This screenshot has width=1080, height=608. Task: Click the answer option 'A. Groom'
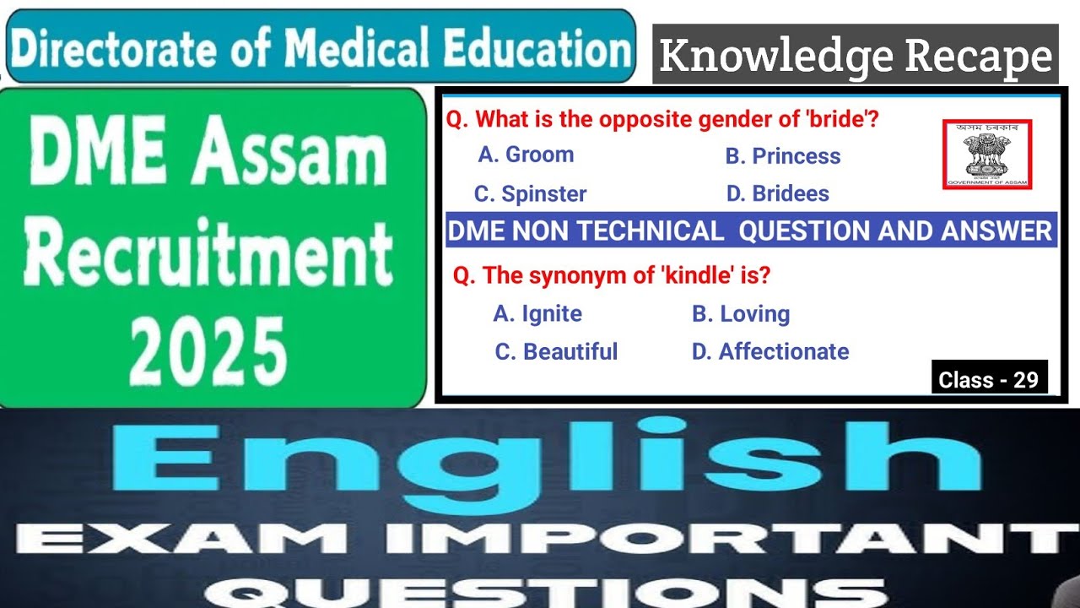point(526,155)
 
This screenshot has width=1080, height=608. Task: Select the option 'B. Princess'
point(782,156)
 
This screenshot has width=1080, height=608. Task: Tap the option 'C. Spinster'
point(530,194)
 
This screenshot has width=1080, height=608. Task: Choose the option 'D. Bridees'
point(777,193)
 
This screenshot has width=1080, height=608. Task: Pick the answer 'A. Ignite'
point(537,314)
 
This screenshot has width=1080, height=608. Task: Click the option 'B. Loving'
point(741,314)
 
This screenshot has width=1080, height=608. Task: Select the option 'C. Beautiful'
point(556,351)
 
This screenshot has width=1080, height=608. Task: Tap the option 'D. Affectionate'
point(770,351)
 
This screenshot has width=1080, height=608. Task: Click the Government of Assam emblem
point(986,154)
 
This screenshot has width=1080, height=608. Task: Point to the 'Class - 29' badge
point(989,380)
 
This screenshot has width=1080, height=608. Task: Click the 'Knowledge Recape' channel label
point(855,56)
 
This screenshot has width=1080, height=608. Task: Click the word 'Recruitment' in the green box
point(208,252)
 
